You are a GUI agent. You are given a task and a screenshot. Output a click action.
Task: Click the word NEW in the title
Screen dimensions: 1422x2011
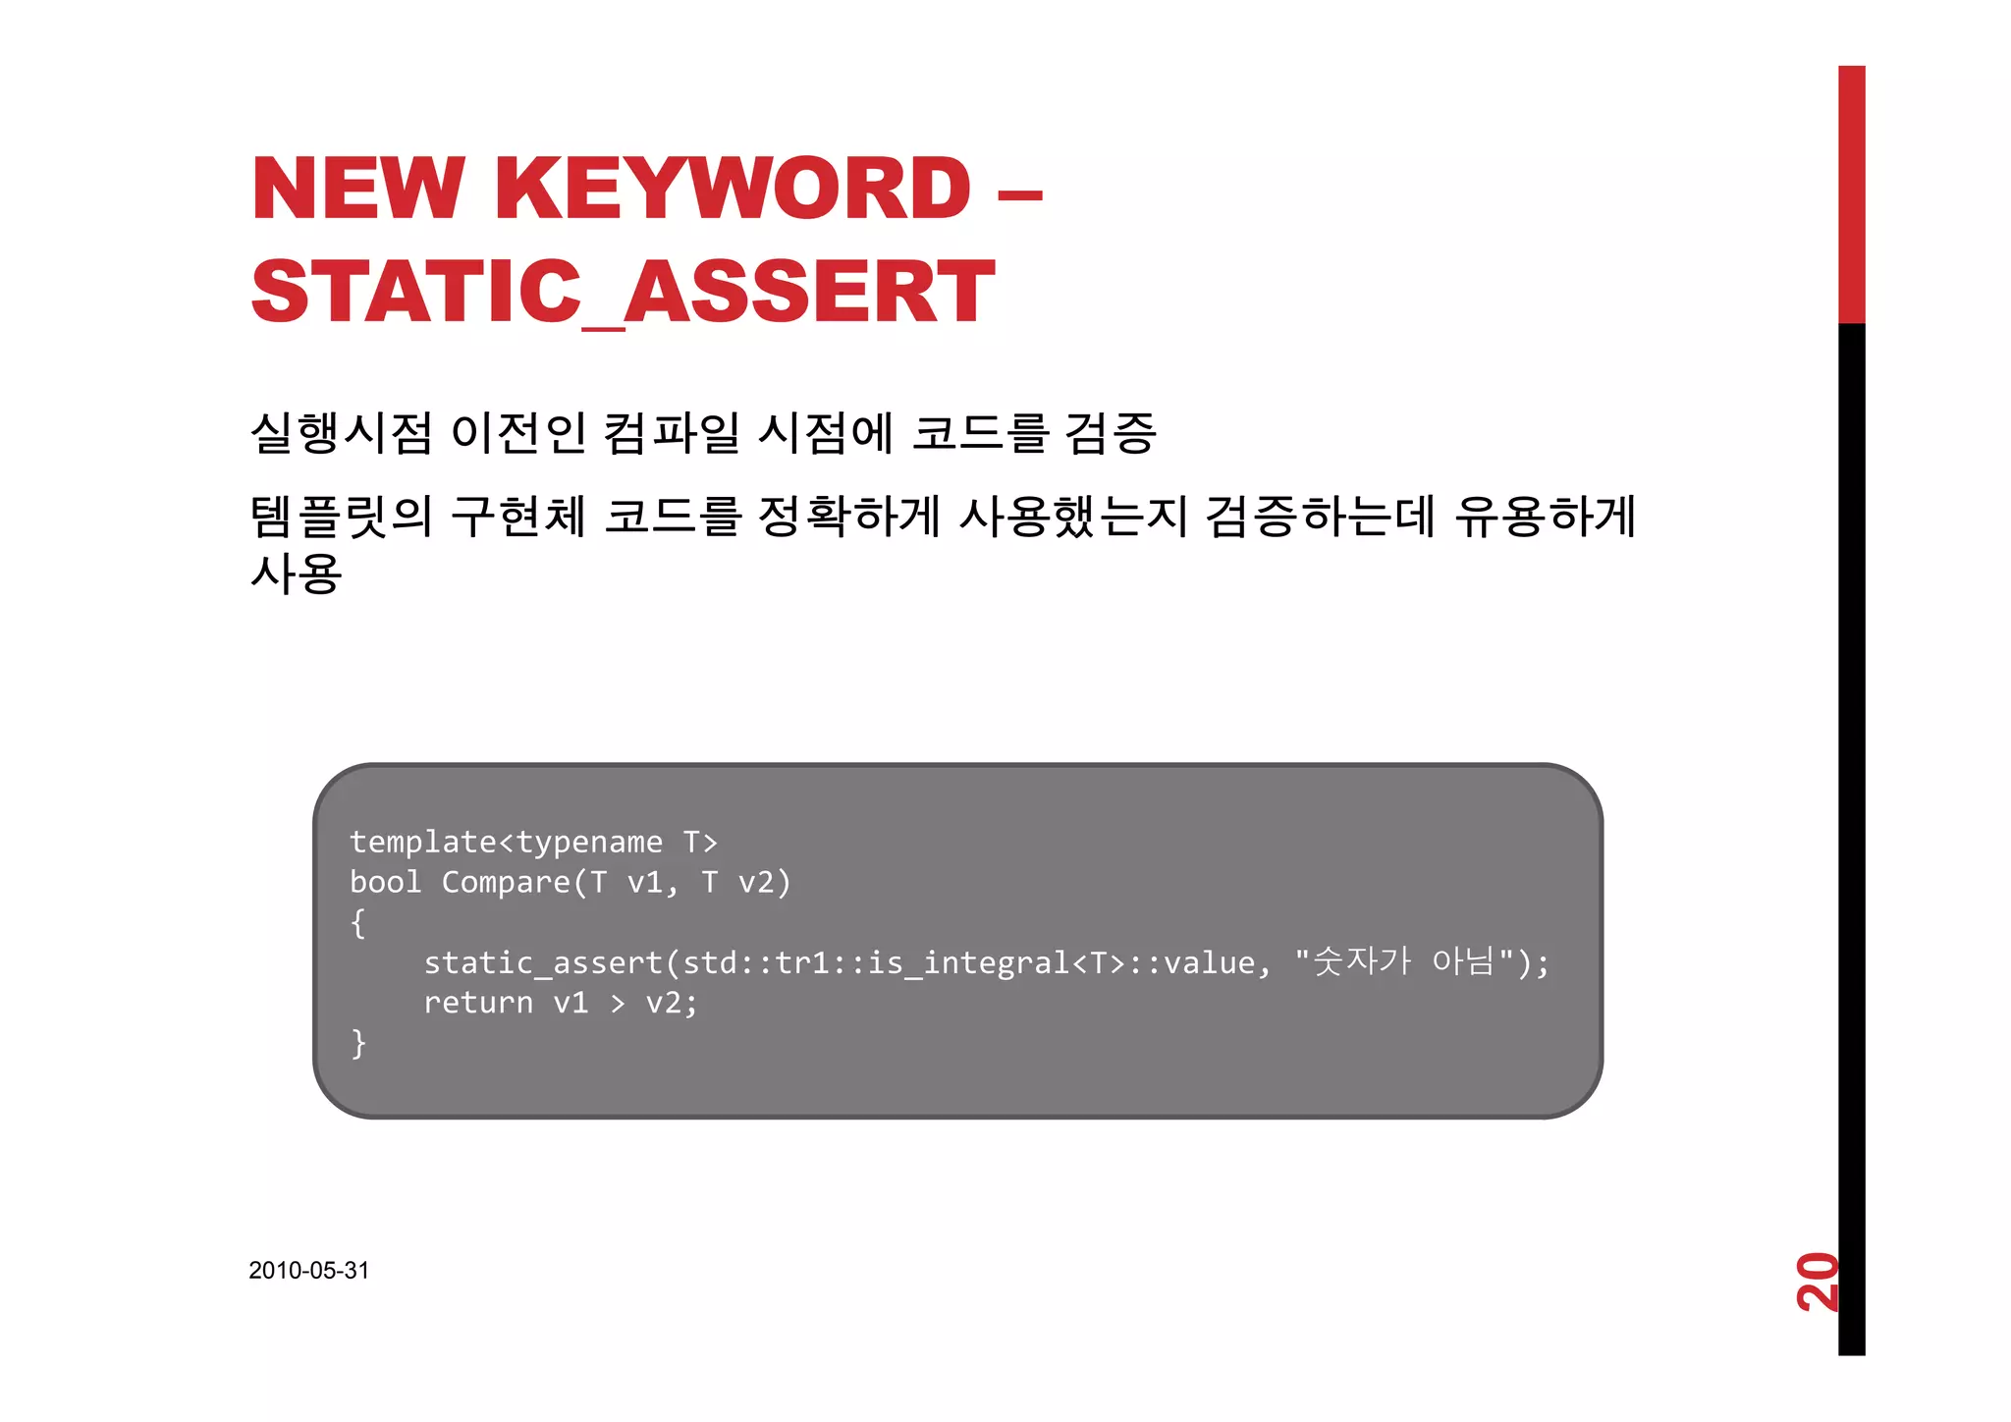[357, 189]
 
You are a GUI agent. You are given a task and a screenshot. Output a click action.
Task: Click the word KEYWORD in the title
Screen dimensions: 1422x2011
[733, 189]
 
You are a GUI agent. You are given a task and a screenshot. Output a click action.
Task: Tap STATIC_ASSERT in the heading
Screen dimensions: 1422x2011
[623, 292]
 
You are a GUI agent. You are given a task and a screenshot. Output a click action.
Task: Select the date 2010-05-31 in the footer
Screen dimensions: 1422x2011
[308, 1270]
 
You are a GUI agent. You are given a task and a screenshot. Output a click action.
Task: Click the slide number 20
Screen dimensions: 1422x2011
[1817, 1282]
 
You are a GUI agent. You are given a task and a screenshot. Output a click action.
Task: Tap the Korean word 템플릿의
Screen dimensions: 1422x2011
[341, 517]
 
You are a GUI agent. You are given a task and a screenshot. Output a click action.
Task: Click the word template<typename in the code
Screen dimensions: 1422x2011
[506, 843]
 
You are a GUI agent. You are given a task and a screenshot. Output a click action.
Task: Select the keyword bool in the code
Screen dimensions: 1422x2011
[385, 883]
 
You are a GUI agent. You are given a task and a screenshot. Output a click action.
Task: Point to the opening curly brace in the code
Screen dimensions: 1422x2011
[358, 923]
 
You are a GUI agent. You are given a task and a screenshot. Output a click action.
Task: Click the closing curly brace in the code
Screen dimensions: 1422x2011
[358, 1043]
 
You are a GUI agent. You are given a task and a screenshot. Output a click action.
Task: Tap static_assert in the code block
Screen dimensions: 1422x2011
[543, 963]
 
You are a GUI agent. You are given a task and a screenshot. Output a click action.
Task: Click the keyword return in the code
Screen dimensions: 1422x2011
[478, 1003]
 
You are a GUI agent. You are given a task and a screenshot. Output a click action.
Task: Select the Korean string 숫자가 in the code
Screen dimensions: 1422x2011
[1361, 960]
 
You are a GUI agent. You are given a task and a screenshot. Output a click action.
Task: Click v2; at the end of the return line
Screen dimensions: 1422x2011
[672, 1003]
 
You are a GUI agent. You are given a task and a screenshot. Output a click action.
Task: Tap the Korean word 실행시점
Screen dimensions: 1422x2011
[341, 433]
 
